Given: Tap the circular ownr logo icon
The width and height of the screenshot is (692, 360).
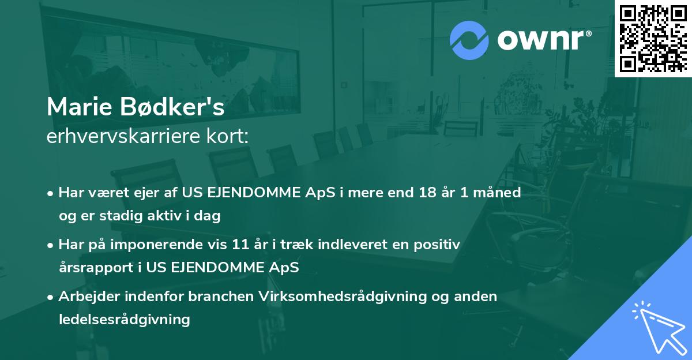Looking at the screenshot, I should point(469,41).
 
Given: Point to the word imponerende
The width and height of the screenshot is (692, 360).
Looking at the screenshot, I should point(166,245).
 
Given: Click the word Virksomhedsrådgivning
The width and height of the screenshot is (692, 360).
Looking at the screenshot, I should point(324,297).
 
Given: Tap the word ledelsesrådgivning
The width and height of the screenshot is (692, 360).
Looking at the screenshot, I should point(124,319).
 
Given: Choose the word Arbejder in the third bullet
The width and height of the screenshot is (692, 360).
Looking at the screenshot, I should point(87,297).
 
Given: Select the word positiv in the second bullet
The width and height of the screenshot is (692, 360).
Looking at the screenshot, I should point(438,245).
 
